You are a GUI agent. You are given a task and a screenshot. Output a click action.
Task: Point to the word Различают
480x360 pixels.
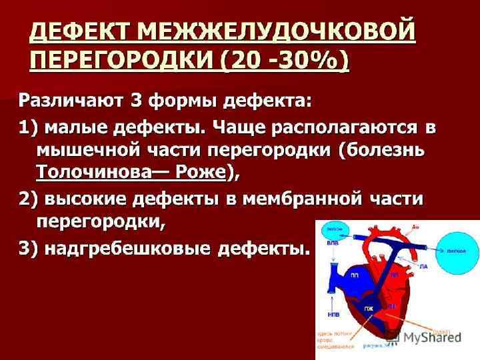pyautogui.click(x=69, y=101)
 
